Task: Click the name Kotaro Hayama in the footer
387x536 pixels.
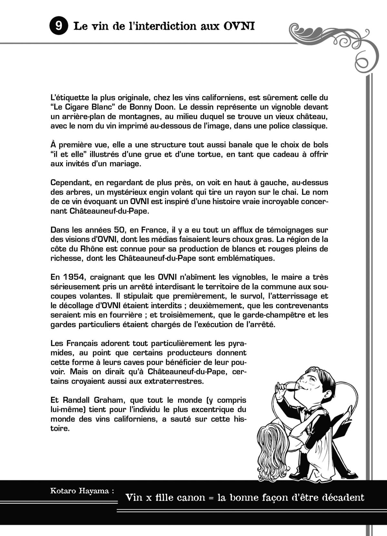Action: (x=82, y=491)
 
